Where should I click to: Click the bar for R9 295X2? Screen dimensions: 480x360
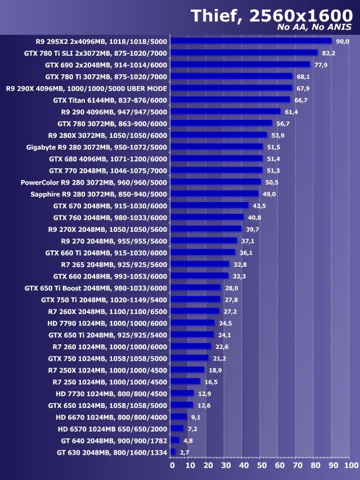coord(251,41)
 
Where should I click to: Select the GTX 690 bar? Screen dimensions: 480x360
coord(240,65)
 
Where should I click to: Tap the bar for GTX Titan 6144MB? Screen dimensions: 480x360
coord(230,100)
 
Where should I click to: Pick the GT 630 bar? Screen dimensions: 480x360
coord(173,452)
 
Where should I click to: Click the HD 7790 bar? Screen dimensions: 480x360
coord(192,323)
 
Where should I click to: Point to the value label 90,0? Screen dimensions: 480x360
coord(343,42)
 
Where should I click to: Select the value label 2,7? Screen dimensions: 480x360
coord(184,452)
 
